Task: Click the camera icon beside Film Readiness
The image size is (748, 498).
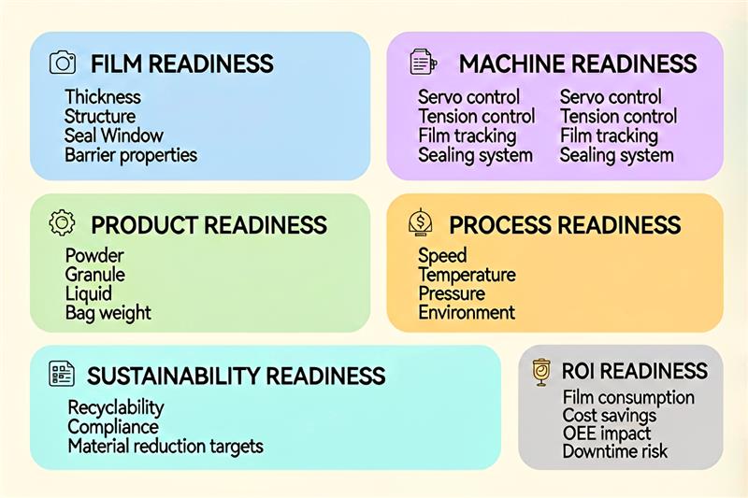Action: (x=63, y=63)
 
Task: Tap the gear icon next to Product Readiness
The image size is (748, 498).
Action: (x=62, y=223)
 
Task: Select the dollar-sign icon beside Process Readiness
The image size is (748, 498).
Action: (x=421, y=222)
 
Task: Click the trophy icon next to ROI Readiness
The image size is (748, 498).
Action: (x=541, y=372)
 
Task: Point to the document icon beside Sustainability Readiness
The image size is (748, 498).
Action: (x=62, y=373)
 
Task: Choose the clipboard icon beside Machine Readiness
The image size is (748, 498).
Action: (x=424, y=62)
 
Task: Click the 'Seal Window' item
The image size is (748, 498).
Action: (x=114, y=135)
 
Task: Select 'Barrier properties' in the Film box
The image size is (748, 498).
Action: (x=131, y=155)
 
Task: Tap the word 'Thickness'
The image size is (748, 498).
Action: (x=103, y=97)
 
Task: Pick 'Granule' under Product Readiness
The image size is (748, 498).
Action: (x=95, y=275)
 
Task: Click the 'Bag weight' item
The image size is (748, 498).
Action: (x=108, y=313)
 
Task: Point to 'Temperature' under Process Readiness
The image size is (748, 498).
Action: (x=467, y=275)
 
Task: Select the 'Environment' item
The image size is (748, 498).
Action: (x=467, y=313)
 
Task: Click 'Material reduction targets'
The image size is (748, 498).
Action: (x=165, y=447)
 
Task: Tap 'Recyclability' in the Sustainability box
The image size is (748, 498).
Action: (x=116, y=408)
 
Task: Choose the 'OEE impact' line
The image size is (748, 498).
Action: (x=606, y=434)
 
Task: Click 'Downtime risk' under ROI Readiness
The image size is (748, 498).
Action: (x=615, y=452)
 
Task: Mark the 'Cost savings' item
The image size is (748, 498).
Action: (x=610, y=416)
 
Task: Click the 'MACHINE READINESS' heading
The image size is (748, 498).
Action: (x=578, y=64)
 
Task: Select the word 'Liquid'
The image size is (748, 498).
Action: (x=88, y=294)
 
